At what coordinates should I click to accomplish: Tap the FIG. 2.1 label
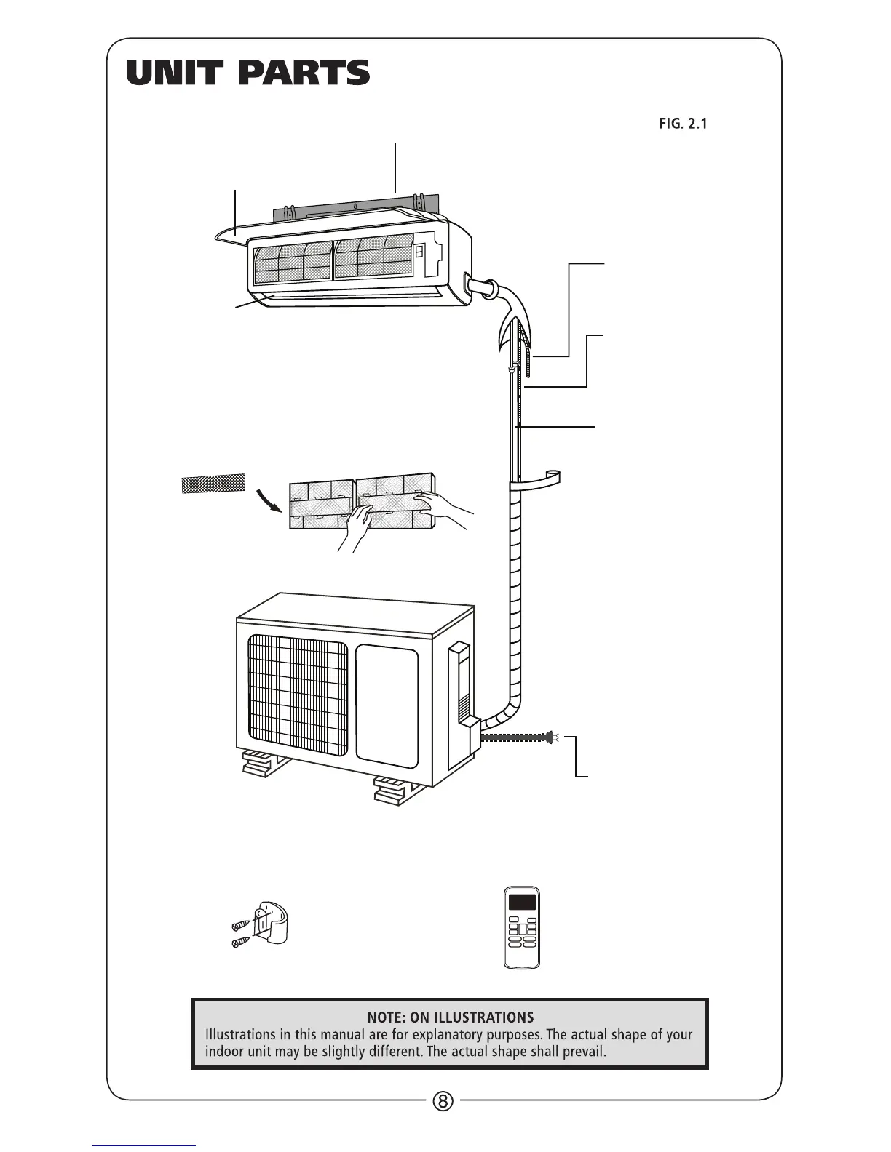(683, 124)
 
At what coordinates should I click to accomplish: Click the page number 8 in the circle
(443, 1100)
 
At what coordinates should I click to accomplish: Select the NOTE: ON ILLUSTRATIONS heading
(450, 1017)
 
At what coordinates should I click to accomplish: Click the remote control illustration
(523, 927)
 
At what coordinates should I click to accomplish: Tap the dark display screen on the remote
(523, 903)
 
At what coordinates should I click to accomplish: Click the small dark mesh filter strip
(213, 483)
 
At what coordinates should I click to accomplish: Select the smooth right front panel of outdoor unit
(387, 705)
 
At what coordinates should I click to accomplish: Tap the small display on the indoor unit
(420, 252)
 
